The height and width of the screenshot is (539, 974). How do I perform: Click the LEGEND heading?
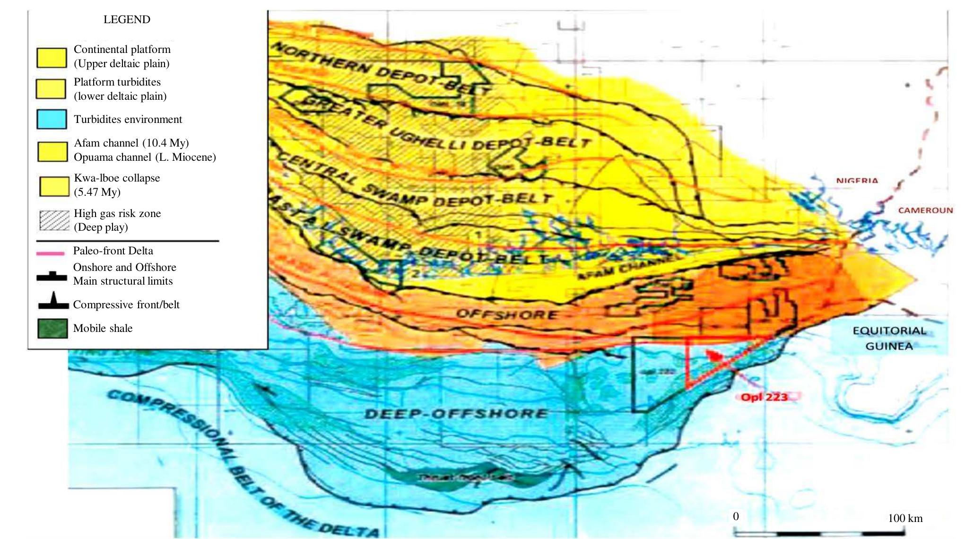127,19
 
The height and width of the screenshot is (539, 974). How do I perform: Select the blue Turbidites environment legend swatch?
52,119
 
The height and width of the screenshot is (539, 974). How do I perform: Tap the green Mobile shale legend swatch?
52,329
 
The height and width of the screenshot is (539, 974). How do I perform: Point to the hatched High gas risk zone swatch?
54,220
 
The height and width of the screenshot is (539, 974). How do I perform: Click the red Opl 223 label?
764,397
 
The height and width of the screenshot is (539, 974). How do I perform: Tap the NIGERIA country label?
857,181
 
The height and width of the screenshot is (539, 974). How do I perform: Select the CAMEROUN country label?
925,210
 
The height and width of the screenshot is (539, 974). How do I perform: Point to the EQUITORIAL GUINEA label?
889,339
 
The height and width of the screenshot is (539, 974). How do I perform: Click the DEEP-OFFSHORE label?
456,414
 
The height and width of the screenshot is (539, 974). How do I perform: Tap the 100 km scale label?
905,518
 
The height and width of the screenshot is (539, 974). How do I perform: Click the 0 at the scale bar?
736,516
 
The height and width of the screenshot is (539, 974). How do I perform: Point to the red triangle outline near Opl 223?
687,364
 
